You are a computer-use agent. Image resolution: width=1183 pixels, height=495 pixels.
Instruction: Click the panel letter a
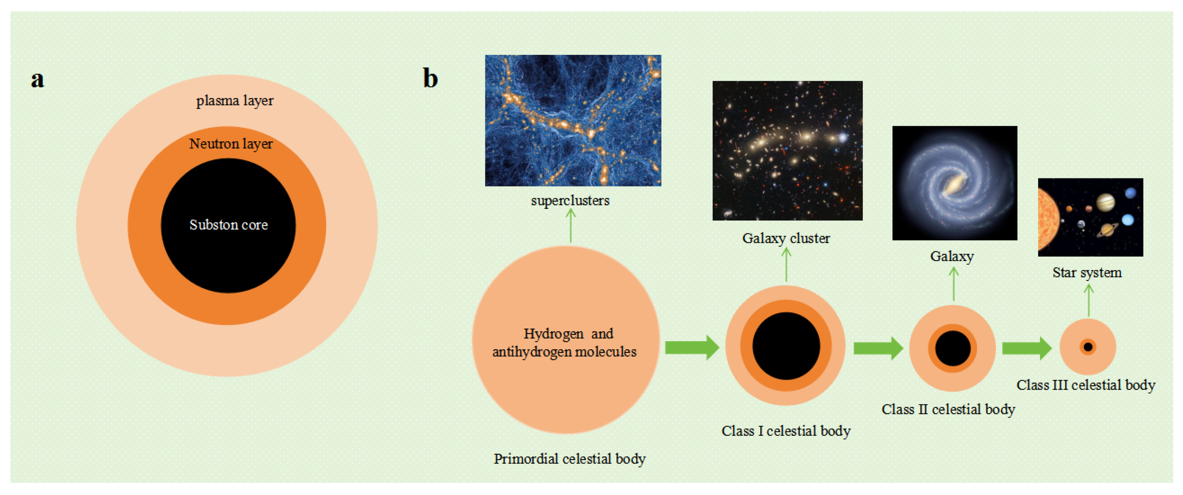pyautogui.click(x=38, y=79)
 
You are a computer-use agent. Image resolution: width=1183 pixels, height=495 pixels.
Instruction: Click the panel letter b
pyautogui.click(x=430, y=78)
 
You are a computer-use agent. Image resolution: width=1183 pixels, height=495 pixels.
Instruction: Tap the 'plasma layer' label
pyautogui.click(x=235, y=101)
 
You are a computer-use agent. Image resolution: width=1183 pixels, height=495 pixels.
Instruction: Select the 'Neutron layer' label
pyautogui.click(x=231, y=144)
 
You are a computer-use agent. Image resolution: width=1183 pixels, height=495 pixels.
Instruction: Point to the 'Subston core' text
pyautogui.click(x=228, y=225)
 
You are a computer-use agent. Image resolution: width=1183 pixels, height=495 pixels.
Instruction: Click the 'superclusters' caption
pyautogui.click(x=570, y=201)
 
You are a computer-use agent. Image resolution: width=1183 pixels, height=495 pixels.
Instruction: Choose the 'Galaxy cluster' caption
pyautogui.click(x=786, y=238)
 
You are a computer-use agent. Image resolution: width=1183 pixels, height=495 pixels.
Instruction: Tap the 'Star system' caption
pyautogui.click(x=1087, y=273)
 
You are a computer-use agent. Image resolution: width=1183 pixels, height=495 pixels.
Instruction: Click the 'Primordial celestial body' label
pyautogui.click(x=569, y=459)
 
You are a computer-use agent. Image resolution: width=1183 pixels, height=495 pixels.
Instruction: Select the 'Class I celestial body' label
pyautogui.click(x=786, y=431)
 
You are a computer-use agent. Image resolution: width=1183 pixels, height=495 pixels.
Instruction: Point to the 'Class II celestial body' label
pyautogui.click(x=948, y=409)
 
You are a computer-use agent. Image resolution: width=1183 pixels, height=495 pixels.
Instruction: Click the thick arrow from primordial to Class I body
pyautogui.click(x=691, y=348)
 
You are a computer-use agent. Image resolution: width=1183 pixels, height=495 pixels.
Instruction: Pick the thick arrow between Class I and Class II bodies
pyautogui.click(x=877, y=348)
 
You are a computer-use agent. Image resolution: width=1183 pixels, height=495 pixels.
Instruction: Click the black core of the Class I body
pyautogui.click(x=786, y=346)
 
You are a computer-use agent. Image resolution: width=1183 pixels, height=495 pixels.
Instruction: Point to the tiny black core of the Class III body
pyautogui.click(x=1088, y=347)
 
